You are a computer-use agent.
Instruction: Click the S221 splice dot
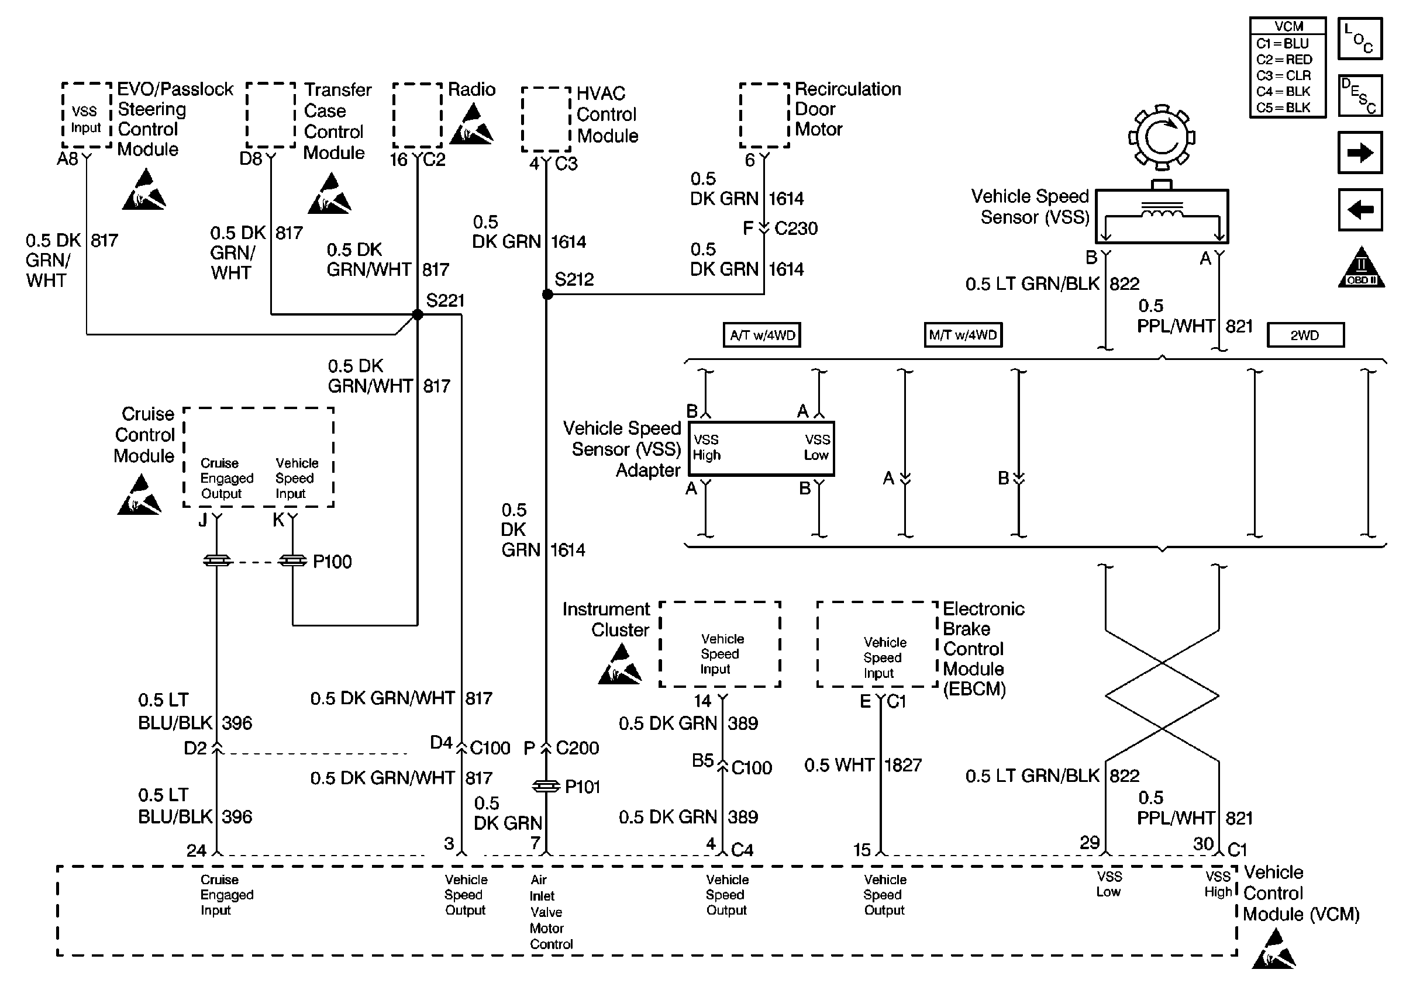[418, 314]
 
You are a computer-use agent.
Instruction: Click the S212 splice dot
[547, 295]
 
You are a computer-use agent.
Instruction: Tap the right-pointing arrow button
[1360, 153]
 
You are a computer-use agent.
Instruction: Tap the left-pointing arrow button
[1360, 210]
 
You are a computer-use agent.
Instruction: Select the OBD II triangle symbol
[1361, 268]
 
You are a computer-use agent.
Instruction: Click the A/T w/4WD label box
[762, 335]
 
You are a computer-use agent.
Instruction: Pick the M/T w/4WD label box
[963, 335]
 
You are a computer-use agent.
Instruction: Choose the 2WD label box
[1305, 335]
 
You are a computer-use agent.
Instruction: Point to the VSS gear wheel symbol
[1162, 137]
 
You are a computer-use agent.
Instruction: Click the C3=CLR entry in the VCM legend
[1284, 75]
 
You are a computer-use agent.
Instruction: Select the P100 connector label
[332, 562]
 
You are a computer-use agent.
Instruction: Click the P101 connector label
[582, 787]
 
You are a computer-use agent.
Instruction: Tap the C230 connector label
[795, 228]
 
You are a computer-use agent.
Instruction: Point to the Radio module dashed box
[418, 116]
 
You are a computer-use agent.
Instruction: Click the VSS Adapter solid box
[761, 449]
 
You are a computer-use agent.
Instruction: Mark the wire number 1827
[902, 765]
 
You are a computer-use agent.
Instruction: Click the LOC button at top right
[1360, 39]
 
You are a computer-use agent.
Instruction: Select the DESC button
[1360, 96]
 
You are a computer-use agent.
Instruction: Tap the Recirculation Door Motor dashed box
[764, 116]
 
